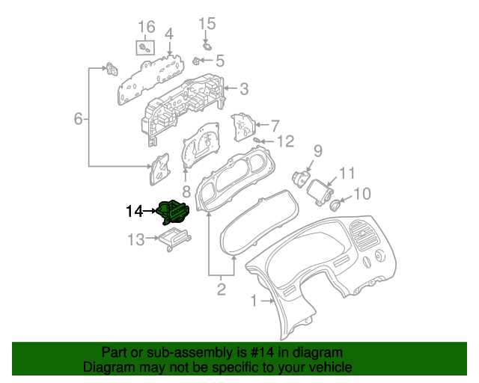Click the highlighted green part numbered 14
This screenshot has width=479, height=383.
[173, 212]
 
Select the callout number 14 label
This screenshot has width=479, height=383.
[134, 212]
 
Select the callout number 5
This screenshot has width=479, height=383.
[219, 60]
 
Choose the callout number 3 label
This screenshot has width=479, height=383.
[244, 90]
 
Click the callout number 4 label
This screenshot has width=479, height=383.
[169, 34]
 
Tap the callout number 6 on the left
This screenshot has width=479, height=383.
[78, 118]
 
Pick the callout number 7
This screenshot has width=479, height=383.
[275, 125]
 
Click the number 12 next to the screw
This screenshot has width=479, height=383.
[285, 141]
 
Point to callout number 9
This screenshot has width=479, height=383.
[317, 151]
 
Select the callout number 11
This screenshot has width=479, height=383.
[346, 173]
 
